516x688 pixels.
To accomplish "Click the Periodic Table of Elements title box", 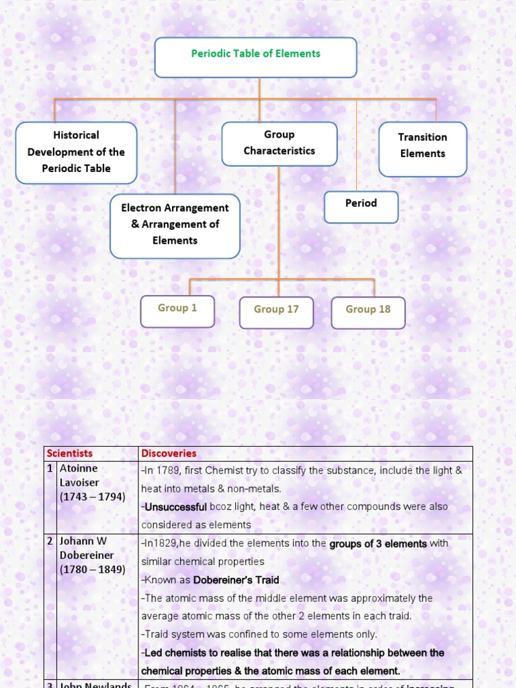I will point(255,56).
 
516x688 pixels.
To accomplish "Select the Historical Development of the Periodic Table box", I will point(76,153).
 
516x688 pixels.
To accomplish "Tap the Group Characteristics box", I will point(279,144).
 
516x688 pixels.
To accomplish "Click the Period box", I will point(361,206).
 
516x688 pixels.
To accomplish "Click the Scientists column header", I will point(70,454).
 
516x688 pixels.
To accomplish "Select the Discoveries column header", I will point(169,454).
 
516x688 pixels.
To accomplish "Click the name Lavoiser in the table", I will point(80,483).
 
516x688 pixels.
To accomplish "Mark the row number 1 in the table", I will point(50,468).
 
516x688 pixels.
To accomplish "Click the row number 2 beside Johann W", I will point(50,542).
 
